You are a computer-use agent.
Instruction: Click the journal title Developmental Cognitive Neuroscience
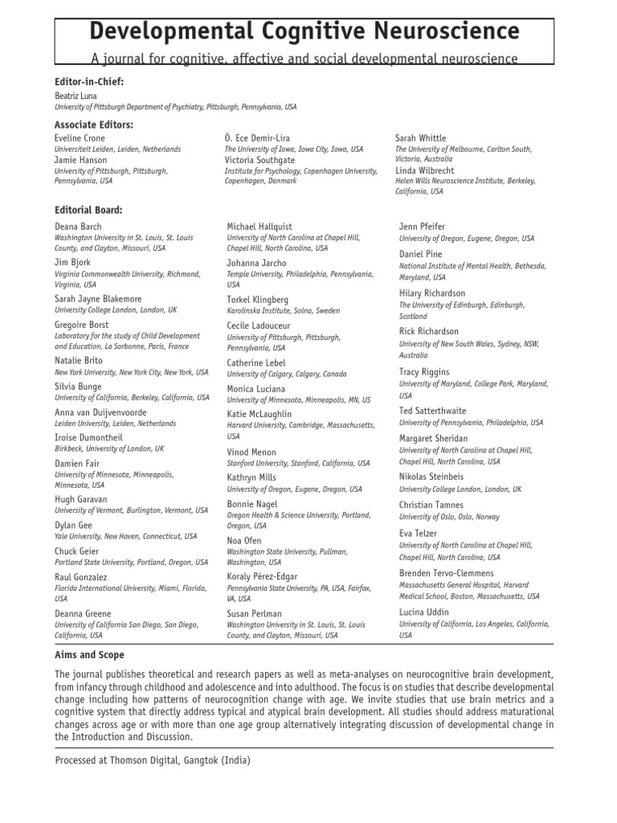pos(304,31)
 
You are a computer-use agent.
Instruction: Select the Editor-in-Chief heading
pos(89,82)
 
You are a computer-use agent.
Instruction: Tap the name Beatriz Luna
pos(76,96)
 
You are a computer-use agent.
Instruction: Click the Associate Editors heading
pos(93,125)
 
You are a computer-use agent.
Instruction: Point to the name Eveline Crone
pos(82,138)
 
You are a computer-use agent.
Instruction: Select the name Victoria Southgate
pos(259,160)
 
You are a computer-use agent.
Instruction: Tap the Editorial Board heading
pos(88,210)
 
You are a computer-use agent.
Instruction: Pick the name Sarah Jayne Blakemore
pos(98,299)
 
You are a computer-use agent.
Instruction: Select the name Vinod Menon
pos(251,452)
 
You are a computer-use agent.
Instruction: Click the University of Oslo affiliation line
pos(449,517)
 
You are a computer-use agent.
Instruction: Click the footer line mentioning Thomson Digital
pos(153,760)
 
